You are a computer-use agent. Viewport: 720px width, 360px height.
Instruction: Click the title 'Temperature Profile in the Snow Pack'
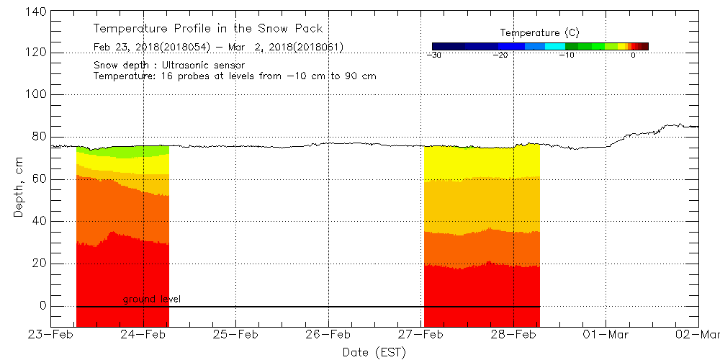click(x=208, y=29)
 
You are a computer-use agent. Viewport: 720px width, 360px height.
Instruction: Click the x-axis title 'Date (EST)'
click(x=374, y=352)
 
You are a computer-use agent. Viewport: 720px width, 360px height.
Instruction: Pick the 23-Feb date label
click(x=50, y=335)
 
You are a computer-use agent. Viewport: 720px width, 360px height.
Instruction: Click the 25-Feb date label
click(x=235, y=335)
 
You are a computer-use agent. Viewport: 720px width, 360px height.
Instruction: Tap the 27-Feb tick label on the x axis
click(x=421, y=335)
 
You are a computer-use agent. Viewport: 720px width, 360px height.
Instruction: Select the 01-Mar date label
click(x=606, y=335)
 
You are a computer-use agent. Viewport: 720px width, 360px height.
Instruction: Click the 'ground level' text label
click(x=151, y=299)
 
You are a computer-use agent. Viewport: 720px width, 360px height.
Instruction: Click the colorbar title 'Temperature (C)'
click(x=539, y=33)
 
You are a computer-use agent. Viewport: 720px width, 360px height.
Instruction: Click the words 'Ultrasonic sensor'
click(x=208, y=65)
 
